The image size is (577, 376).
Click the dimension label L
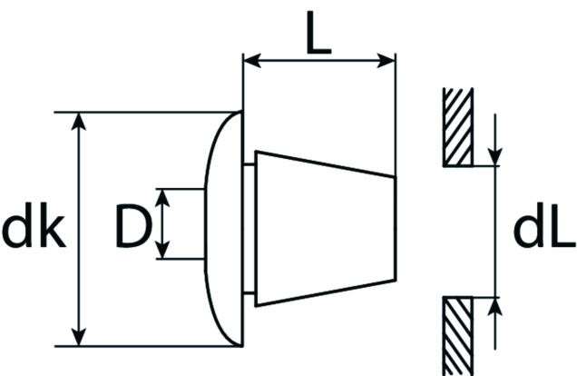[x=319, y=33]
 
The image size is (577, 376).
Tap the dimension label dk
[x=34, y=224]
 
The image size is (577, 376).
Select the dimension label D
[x=133, y=225]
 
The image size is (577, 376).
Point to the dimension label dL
[x=543, y=224]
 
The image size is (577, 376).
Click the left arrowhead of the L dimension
[x=252, y=60]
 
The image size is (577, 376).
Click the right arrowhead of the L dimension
[x=386, y=60]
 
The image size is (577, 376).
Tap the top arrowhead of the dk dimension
[x=78, y=122]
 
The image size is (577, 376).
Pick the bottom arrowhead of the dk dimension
[x=78, y=337]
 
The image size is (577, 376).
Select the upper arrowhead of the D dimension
[x=162, y=198]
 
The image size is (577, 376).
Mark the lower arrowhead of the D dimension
[x=162, y=250]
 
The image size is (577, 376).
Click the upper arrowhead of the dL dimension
[x=495, y=157]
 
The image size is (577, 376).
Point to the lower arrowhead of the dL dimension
[x=495, y=306]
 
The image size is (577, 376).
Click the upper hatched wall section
[x=458, y=127]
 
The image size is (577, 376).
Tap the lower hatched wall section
[x=458, y=336]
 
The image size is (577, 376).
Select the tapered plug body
[x=326, y=228]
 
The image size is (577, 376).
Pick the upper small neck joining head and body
[x=249, y=164]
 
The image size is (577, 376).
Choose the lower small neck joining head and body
[x=249, y=293]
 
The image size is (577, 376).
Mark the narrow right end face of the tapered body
[x=396, y=229]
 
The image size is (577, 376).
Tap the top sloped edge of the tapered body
[x=326, y=164]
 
